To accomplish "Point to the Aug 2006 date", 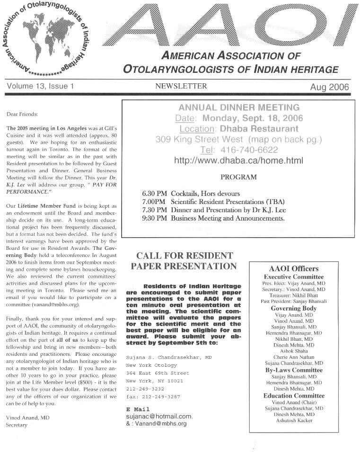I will pos(330,87).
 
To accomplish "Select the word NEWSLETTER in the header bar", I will pos(181,86).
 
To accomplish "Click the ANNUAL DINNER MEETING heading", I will pos(239,107).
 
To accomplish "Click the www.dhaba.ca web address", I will pos(238,160).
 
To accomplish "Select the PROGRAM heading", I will pos(238,177).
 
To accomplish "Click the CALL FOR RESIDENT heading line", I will pos(184,256).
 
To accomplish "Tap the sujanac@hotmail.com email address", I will pos(159,417).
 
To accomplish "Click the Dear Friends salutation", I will pos(22,114).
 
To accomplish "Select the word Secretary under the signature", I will pos(17,425).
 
